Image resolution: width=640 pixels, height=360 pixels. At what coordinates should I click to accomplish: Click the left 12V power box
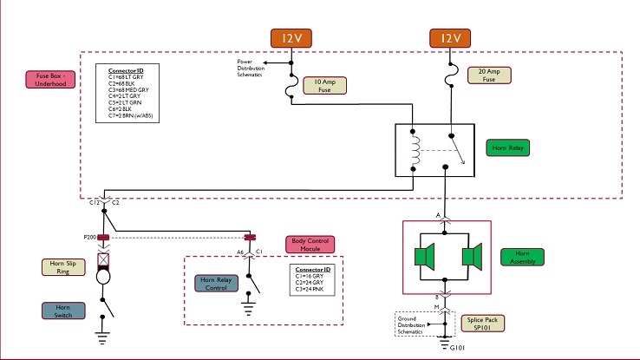click(291, 38)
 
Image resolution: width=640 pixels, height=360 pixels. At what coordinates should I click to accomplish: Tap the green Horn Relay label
click(506, 147)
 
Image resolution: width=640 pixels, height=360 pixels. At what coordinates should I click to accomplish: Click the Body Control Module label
click(310, 245)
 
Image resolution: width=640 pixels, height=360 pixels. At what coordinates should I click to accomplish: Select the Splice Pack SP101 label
click(490, 324)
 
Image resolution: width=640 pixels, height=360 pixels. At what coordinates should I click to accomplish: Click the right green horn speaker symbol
click(472, 258)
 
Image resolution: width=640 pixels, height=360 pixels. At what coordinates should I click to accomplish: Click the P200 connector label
click(89, 236)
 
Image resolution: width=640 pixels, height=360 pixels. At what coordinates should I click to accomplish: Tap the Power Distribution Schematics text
click(256, 69)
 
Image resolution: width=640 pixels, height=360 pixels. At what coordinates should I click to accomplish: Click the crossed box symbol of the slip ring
click(102, 259)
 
